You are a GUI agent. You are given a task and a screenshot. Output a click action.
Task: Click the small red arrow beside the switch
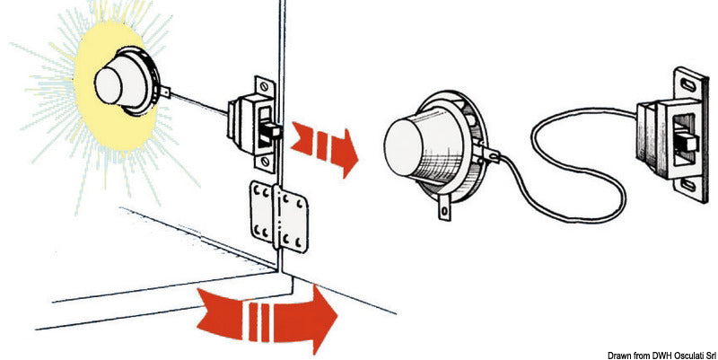325,147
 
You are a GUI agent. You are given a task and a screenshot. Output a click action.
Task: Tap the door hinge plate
279,216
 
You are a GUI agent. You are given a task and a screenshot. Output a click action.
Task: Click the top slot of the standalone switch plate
687,84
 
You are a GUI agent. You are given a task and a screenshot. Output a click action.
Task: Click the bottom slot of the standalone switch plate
687,185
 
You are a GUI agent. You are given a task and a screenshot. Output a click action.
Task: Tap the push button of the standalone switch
687,143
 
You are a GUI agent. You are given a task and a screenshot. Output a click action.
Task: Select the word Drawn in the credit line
617,356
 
